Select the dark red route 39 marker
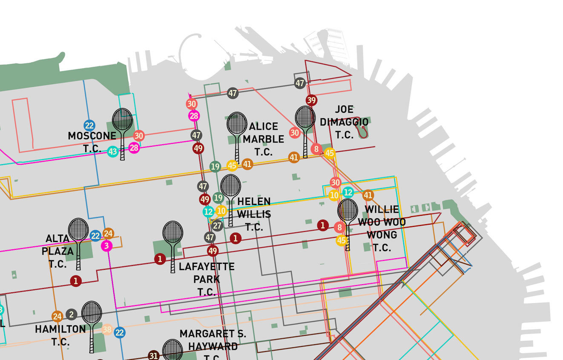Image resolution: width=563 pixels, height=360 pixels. tap(311, 100)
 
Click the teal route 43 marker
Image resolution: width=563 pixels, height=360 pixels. tap(112, 151)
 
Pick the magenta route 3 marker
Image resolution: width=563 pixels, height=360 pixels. tap(106, 246)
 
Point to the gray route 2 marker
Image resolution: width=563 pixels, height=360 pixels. tap(71, 315)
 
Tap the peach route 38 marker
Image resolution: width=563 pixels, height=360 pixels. tap(107, 330)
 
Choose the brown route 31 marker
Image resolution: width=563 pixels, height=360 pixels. tap(154, 356)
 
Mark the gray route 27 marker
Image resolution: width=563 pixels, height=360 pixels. tap(217, 226)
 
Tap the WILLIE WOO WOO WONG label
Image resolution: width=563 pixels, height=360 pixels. tap(382, 228)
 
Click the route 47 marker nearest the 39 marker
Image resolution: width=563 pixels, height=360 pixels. tap(300, 83)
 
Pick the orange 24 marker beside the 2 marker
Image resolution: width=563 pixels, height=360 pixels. tap(57, 316)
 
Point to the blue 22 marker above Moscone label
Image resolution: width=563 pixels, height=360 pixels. tap(89, 126)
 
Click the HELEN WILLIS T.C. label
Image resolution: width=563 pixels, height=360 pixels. tap(254, 214)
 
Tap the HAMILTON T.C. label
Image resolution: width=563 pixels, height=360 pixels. tap(60, 335)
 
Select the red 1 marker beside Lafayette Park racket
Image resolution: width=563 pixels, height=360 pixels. tap(160, 259)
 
